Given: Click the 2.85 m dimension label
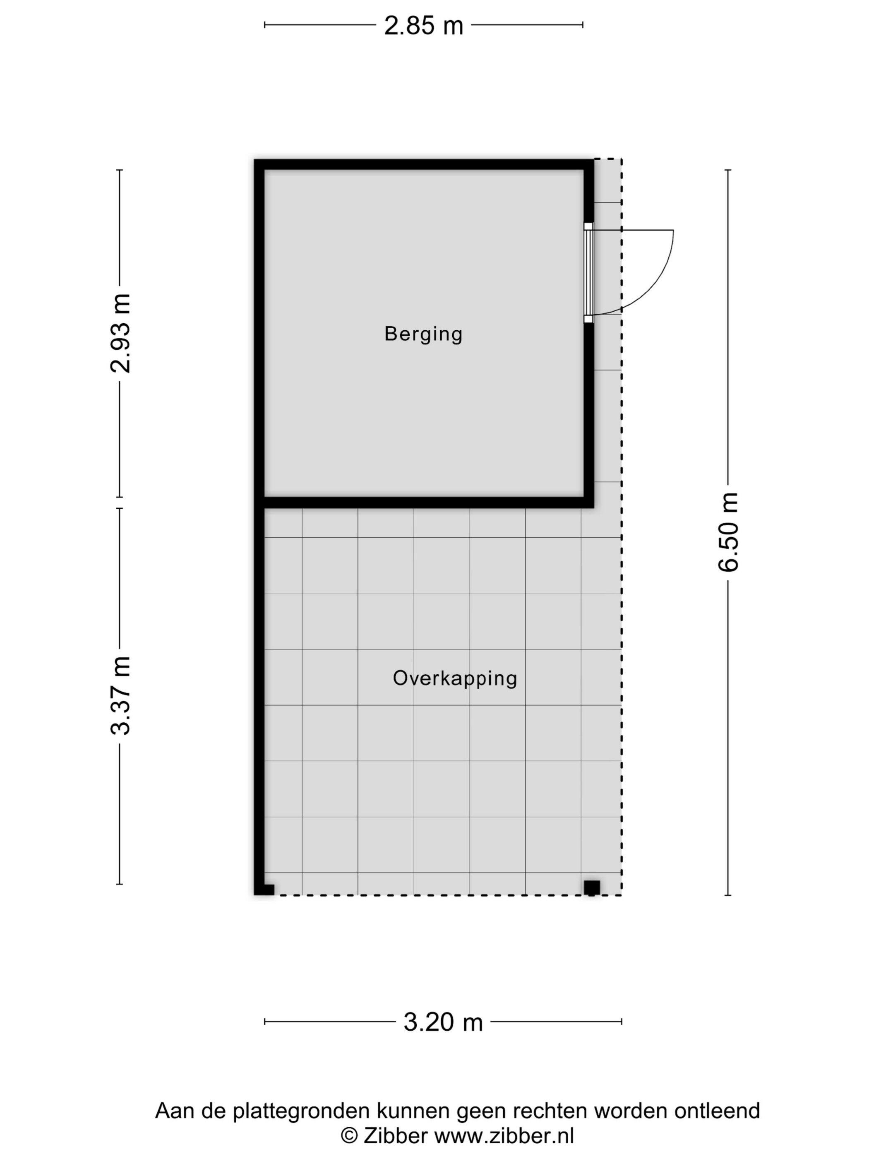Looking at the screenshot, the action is tap(423, 25).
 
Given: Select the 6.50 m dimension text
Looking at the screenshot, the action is tap(728, 532).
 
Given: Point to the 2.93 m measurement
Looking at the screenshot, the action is tap(120, 333).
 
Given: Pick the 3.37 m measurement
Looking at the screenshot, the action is tap(120, 695).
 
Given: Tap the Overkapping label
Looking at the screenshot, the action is tap(455, 678).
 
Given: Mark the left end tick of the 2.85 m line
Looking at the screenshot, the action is tap(264, 24).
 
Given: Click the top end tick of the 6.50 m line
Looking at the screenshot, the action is tap(728, 170).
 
